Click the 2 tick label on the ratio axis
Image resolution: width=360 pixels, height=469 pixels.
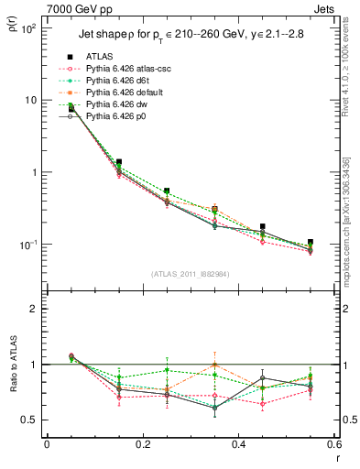pyautogui.click(x=33, y=309)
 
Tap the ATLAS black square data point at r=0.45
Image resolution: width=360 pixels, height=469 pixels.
pyautogui.click(x=263, y=226)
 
